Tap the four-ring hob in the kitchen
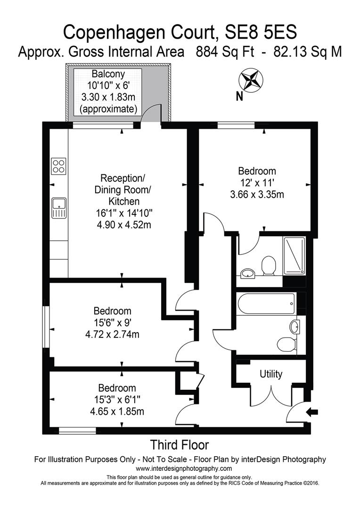click(x=59, y=166)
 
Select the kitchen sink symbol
click(x=59, y=208)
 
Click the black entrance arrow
click(x=312, y=412)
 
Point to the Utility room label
click(x=271, y=374)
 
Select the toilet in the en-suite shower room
click(x=269, y=265)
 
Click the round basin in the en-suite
click(x=247, y=272)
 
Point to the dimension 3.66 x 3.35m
click(x=257, y=194)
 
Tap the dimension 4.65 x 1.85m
click(x=117, y=411)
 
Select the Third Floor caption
click(x=179, y=444)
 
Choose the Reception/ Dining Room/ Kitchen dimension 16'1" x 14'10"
click(x=123, y=213)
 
